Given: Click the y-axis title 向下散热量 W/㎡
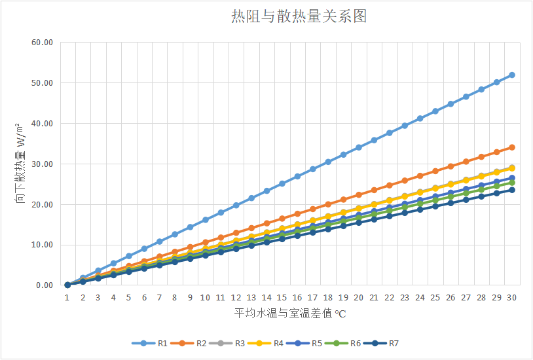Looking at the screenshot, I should coord(20,164).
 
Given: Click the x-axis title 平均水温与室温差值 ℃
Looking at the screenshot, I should coord(289,314).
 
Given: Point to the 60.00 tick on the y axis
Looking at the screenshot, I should coord(41,43).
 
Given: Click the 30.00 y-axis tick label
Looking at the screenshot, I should coord(41,164).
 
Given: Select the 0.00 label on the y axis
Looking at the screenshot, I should coord(43,285).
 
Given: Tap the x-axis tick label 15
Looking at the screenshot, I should coord(282,297).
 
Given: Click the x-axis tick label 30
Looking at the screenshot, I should coord(512,297).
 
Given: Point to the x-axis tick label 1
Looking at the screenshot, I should coord(67,297).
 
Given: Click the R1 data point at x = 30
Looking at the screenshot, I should coord(512,75).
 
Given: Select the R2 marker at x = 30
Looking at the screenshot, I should coord(512,147).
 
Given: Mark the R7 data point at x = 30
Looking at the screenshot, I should coord(512,190).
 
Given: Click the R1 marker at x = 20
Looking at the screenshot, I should coord(359,147).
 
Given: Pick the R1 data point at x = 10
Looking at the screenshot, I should coord(206,220).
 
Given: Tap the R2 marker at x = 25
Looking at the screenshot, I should coord(435,171).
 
